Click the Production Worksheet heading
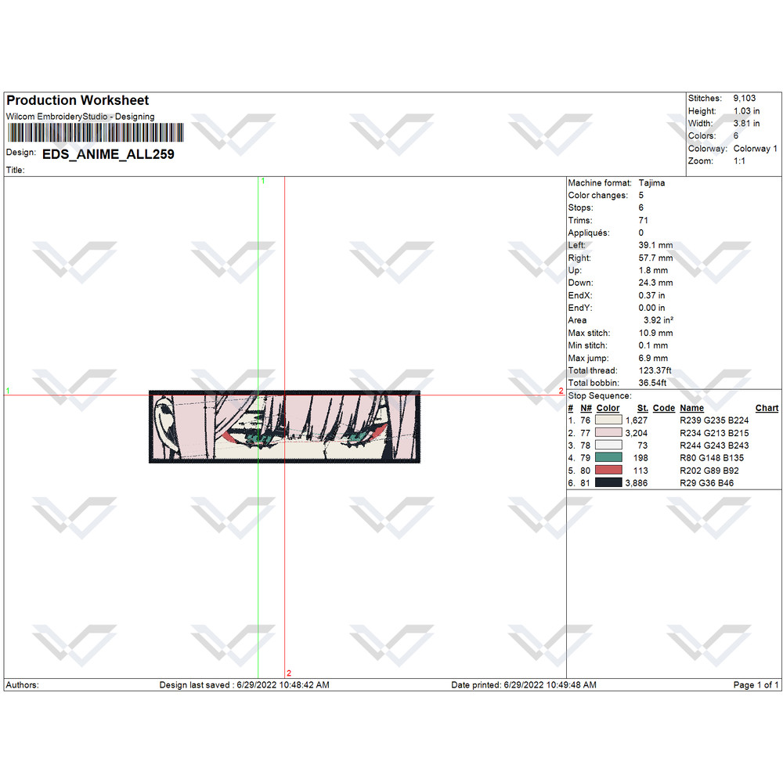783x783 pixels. [78, 100]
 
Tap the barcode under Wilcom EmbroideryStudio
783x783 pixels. [96, 133]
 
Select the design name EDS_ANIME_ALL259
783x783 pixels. [108, 154]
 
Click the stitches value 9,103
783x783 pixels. [744, 99]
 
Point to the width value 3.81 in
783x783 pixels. [746, 124]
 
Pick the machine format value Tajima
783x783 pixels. [651, 182]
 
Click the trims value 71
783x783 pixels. [643, 220]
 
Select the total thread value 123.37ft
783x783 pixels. [655, 370]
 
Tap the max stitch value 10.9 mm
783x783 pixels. [655, 333]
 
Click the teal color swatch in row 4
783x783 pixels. [608, 457]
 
